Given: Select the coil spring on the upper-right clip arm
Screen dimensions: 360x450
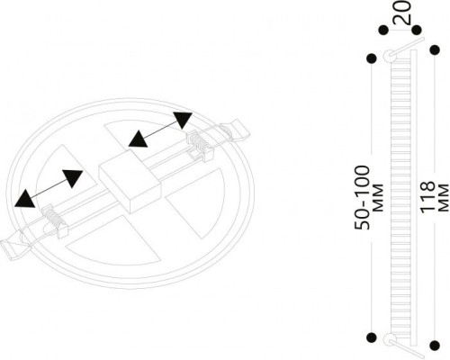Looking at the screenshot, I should (197, 142).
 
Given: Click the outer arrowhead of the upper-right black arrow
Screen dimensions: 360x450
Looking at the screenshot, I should (183, 120).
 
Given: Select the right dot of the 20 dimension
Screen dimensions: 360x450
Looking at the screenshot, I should (417, 31).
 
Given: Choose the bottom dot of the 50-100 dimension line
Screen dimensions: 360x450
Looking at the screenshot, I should (372, 338).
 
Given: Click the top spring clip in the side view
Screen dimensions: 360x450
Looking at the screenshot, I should (390, 56).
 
